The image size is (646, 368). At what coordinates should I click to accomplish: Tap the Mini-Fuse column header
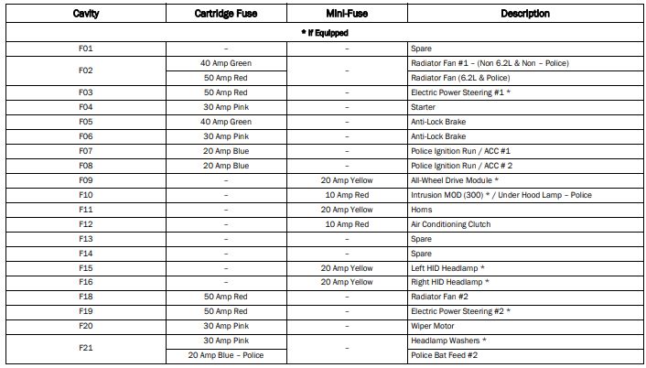[347, 14]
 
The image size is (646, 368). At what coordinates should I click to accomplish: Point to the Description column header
[524, 14]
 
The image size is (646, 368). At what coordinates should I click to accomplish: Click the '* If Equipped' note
[324, 33]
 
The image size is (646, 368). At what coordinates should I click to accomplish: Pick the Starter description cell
[425, 107]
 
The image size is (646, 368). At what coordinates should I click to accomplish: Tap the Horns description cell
[422, 210]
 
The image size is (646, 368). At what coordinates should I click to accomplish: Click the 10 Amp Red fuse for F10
[347, 195]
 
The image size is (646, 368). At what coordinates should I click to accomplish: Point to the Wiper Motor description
[433, 326]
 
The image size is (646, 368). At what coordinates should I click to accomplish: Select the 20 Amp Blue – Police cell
[226, 355]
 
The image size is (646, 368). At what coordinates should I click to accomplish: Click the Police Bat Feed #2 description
[445, 355]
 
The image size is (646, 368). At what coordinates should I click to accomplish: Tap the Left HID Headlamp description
[447, 268]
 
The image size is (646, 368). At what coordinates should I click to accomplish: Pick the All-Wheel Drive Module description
[453, 180]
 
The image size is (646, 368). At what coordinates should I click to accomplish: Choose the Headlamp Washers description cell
[447, 341]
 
